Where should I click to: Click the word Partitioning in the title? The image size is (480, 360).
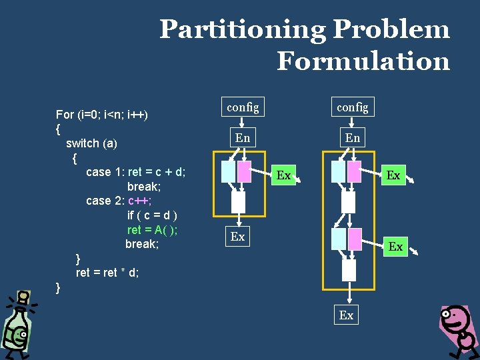(242, 30)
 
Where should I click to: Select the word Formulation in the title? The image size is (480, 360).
(363, 61)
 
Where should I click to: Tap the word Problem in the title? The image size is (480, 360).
(391, 30)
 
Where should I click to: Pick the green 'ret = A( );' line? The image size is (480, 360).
(152, 230)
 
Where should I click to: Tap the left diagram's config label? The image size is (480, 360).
(243, 106)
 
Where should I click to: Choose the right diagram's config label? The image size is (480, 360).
(353, 107)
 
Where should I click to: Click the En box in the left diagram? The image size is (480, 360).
(243, 138)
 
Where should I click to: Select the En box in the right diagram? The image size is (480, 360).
(353, 138)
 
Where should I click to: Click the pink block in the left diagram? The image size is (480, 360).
(245, 172)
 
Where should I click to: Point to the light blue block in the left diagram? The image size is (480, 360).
(229, 172)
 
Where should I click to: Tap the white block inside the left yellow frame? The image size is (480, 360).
(238, 202)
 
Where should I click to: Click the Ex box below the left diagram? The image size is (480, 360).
(238, 237)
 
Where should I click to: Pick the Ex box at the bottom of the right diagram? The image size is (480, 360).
(347, 315)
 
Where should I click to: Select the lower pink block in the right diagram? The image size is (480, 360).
(355, 239)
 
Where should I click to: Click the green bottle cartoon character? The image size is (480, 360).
(17, 323)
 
